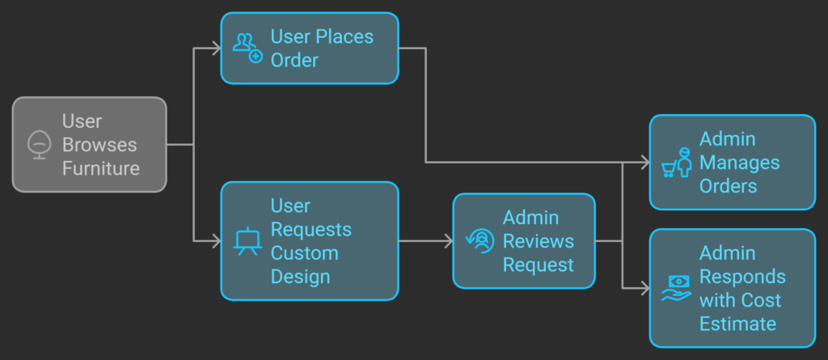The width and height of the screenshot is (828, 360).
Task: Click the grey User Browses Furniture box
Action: (89, 145)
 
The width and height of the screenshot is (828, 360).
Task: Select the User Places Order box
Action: (310, 49)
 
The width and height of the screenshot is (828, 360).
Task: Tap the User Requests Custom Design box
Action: (310, 241)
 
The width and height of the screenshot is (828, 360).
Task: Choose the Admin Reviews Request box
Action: (523, 241)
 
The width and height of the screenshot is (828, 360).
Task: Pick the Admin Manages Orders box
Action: (733, 163)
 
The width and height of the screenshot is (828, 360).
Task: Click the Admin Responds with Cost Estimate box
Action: (733, 288)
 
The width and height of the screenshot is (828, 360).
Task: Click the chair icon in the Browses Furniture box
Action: (39, 145)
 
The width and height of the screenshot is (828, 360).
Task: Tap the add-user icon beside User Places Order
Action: (247, 49)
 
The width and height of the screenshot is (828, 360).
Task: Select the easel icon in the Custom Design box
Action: (247, 241)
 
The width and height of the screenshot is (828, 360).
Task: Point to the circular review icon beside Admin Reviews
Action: (479, 240)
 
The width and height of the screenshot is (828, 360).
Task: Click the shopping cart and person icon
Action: (677, 163)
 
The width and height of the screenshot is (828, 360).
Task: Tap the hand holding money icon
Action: (677, 288)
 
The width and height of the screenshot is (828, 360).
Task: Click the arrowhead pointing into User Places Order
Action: (217, 49)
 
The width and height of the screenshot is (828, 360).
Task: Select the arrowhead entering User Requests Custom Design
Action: (217, 241)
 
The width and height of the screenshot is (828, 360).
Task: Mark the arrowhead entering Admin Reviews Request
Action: (448, 241)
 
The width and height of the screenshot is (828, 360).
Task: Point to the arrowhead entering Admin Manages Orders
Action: (645, 163)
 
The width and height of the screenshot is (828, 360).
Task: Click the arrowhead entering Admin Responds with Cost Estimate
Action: (645, 288)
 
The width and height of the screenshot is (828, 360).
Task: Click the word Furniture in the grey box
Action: (101, 168)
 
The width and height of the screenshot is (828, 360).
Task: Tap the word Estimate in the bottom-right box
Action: (737, 324)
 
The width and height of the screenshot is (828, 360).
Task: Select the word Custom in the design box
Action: (300, 252)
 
